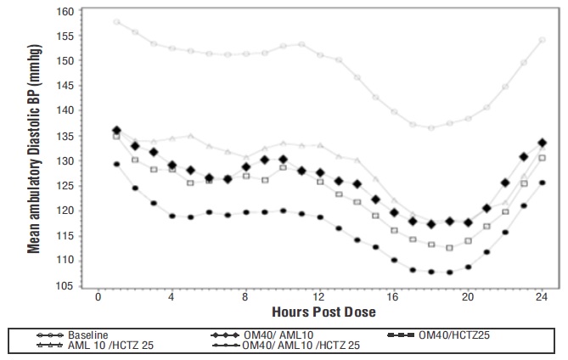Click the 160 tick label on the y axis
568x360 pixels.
tap(65, 12)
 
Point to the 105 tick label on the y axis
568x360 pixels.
tap(65, 285)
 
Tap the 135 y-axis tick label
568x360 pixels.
tap(65, 136)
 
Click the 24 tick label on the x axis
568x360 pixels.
tap(542, 299)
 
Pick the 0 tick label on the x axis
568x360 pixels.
tap(98, 299)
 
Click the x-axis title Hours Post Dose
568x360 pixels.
tap(318, 312)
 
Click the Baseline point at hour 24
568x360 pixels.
tap(542, 40)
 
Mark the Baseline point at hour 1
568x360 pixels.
tap(117, 22)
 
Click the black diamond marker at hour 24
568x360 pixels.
tap(542, 143)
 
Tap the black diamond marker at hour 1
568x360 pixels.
tap(117, 131)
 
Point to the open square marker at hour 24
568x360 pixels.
tap(542, 158)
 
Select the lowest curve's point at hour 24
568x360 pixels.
tap(542, 183)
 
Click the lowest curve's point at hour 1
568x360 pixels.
tap(117, 164)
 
